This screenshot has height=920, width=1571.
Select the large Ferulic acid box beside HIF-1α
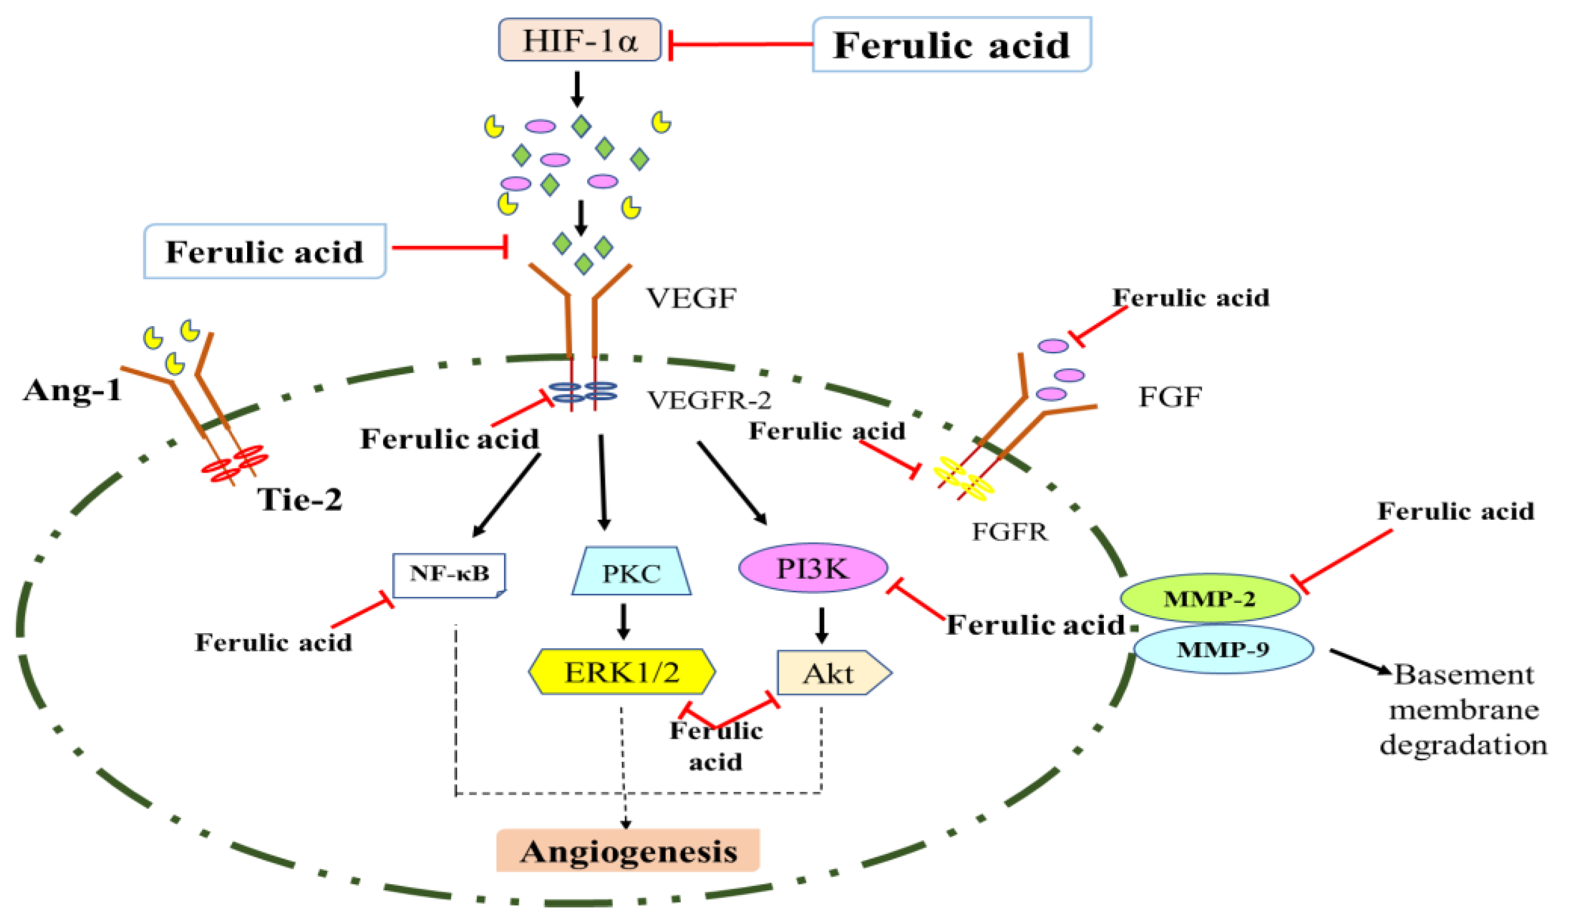pos(951,45)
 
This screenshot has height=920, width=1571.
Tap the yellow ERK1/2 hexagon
pos(622,672)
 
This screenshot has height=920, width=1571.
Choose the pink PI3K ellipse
pos(813,568)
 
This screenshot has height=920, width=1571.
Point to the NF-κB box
pos(449,574)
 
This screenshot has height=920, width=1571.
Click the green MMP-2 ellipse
pos(1210,598)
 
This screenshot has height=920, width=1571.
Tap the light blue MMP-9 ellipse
pos(1223,649)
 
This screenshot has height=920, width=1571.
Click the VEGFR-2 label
pos(709,400)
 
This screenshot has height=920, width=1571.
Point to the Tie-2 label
pos(300,499)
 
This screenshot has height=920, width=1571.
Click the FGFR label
pos(1010,531)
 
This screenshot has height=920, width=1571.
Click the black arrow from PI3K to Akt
pos(821,625)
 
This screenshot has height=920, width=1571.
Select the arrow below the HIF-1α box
pos(577,89)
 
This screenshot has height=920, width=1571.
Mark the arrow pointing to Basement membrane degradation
pos(1359,662)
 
